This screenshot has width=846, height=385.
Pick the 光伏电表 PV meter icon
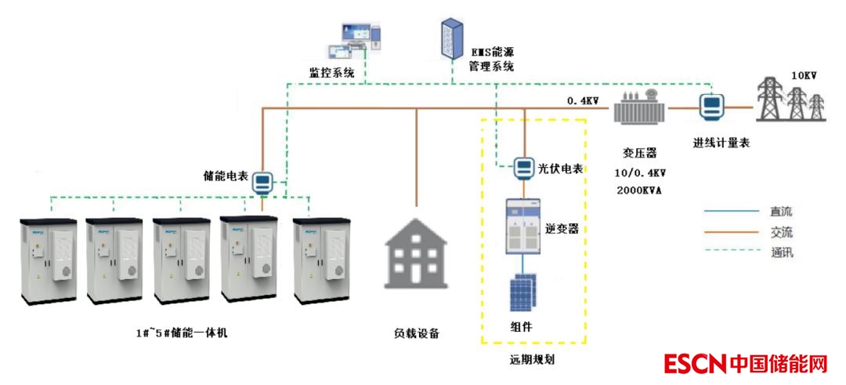[523, 167]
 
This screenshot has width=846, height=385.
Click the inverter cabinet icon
[523, 227]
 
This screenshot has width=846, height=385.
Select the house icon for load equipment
[416, 260]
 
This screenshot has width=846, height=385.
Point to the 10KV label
[804, 76]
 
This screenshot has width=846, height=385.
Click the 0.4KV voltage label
[583, 100]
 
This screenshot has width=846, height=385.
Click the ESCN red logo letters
[695, 364]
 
